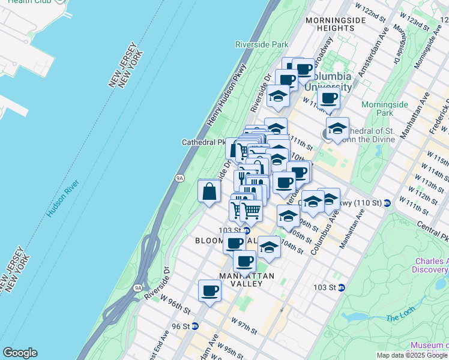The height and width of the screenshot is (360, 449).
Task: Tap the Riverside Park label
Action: [262, 44]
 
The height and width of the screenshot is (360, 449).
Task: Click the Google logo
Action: [20, 353]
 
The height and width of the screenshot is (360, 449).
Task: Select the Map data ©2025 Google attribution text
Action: [412, 355]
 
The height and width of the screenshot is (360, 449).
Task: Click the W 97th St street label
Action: [244, 326]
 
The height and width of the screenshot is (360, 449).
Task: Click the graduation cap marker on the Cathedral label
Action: [337, 128]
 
